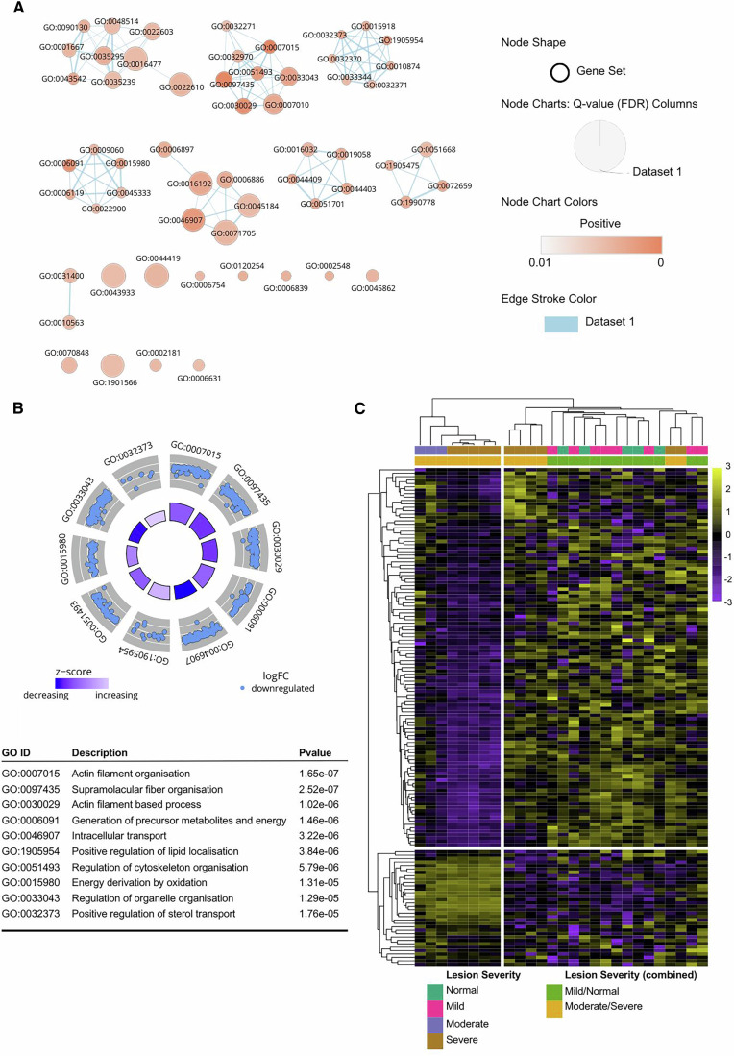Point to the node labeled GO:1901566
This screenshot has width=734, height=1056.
(111, 365)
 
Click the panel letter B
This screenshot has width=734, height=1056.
(18, 407)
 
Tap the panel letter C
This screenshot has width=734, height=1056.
(360, 407)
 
